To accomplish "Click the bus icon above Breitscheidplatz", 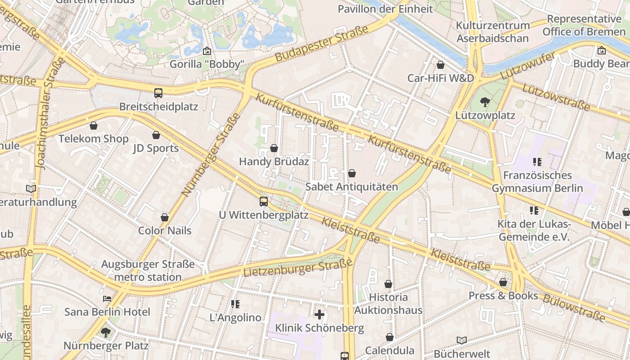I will click(158, 93).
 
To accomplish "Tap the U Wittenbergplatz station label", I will click(264, 215).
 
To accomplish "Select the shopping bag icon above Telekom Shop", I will click(94, 126).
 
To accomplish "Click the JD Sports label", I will click(156, 148).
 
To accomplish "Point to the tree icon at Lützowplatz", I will click(485, 102).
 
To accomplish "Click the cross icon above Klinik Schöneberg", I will click(319, 314).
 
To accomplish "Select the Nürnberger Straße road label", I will click(211, 155).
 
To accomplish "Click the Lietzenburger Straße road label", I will click(298, 268).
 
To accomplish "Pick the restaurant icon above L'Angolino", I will click(235, 304).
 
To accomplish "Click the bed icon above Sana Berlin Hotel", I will click(107, 298).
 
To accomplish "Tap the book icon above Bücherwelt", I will click(461, 340).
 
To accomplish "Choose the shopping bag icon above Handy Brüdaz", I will click(274, 148).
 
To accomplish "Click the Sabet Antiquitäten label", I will click(351, 187).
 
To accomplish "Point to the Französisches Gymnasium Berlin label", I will click(537, 182).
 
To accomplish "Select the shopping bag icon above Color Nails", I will click(165, 217).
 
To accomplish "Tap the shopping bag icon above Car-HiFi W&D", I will click(441, 65).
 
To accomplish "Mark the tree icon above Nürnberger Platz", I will click(106, 333).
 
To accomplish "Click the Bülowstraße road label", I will click(574, 308).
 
